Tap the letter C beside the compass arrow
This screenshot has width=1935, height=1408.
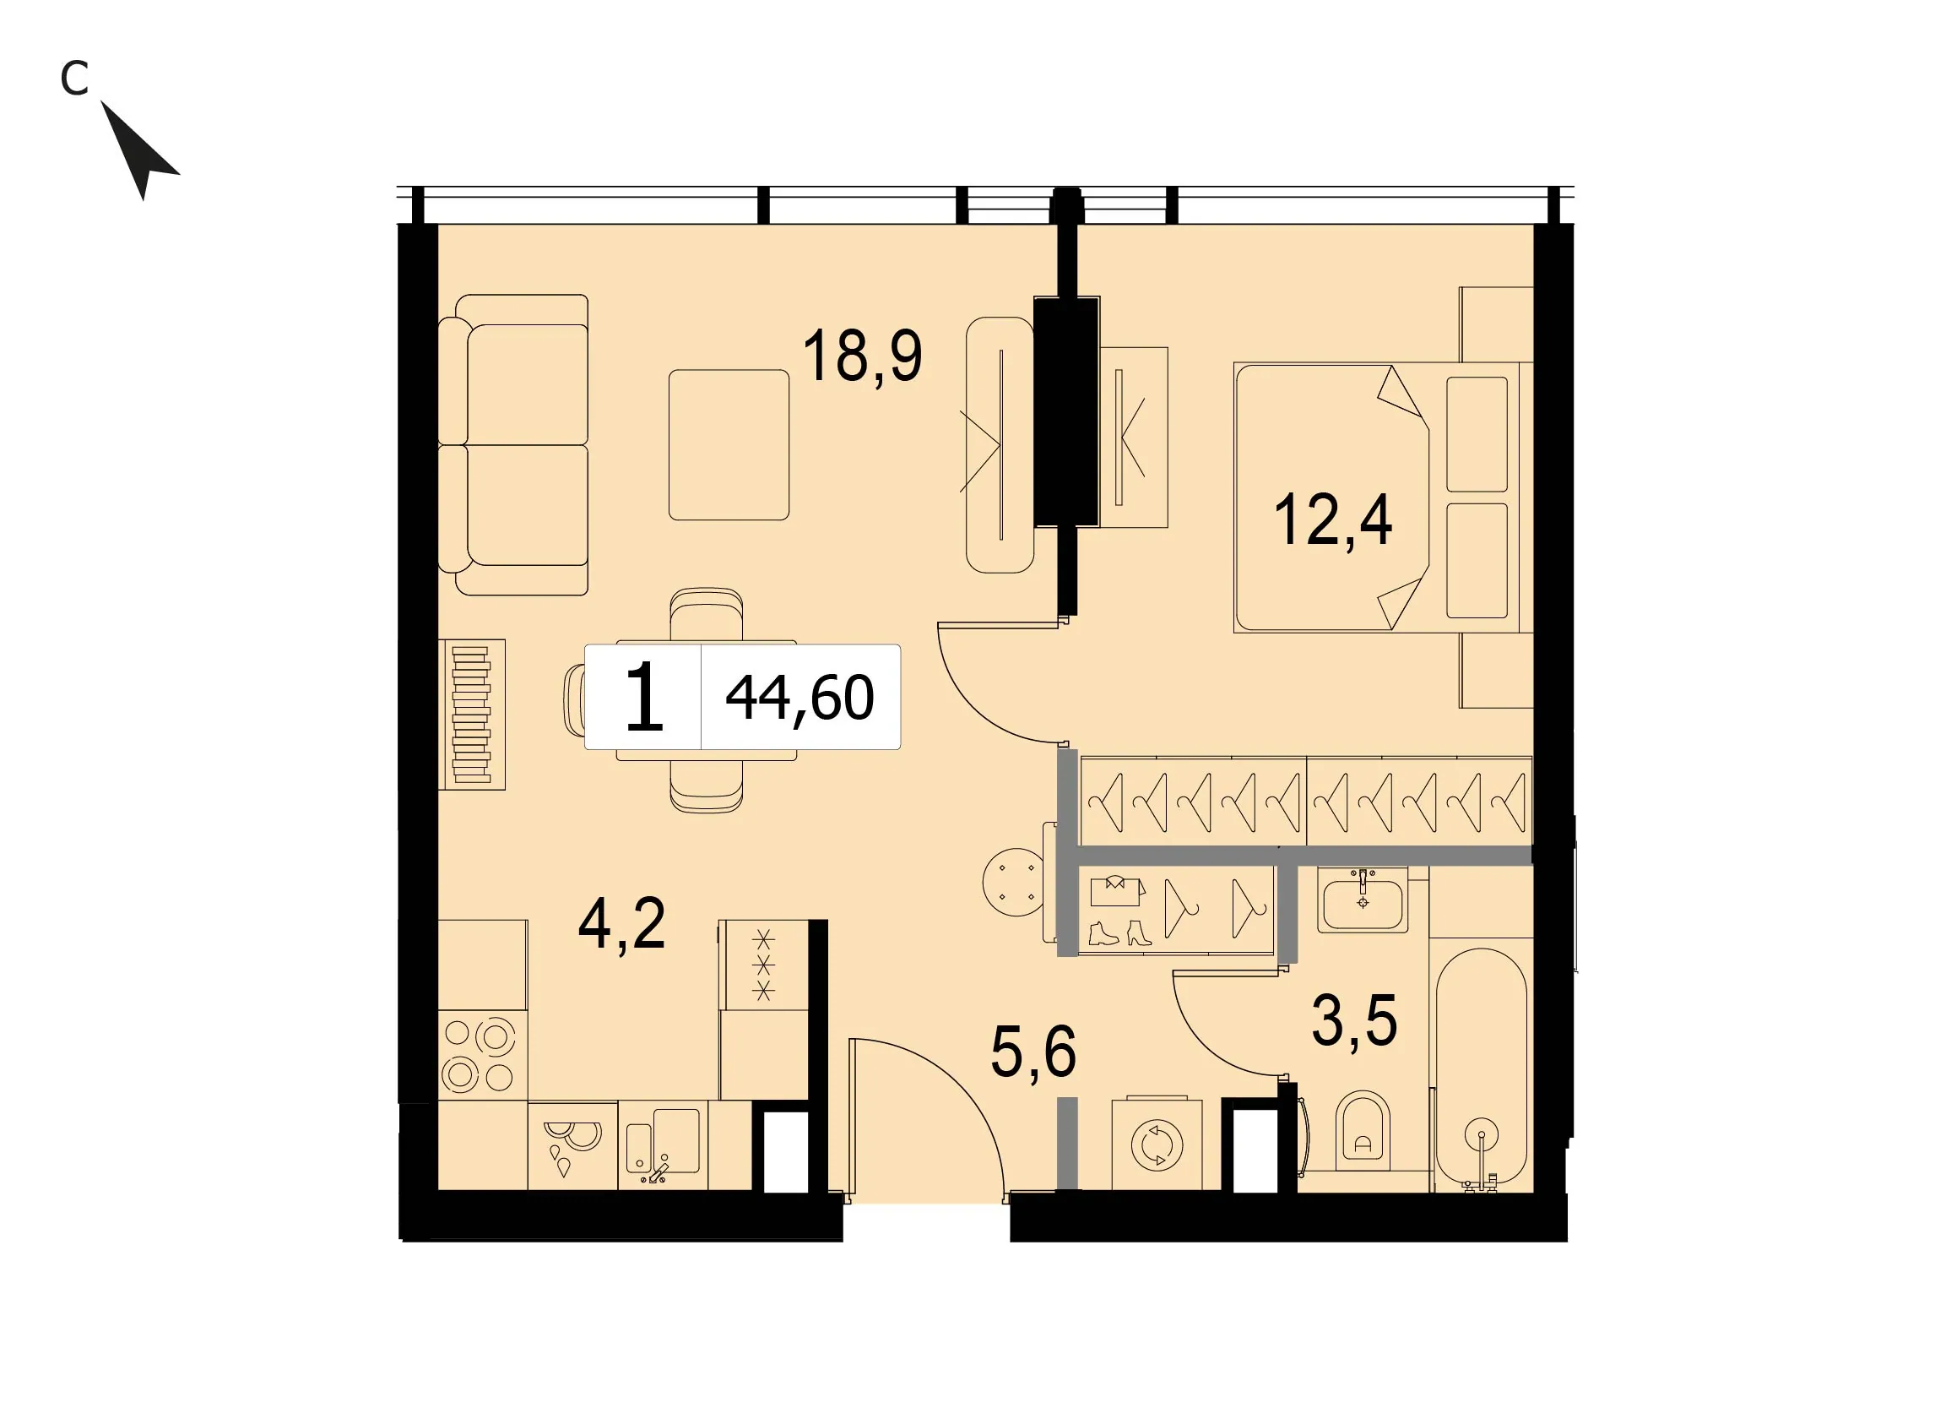(74, 79)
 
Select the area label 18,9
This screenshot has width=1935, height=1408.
(863, 356)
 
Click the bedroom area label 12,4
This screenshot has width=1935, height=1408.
(1333, 519)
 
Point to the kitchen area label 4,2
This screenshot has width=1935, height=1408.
(622, 924)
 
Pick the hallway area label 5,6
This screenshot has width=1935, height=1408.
(1033, 1052)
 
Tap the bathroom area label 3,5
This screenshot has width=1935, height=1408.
(1355, 1020)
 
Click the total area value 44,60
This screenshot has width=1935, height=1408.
(799, 698)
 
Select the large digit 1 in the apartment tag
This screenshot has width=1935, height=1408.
(644, 697)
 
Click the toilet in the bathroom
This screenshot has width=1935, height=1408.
(1363, 1131)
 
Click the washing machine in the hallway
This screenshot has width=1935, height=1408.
(1157, 1144)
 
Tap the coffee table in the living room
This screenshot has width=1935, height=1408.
(729, 444)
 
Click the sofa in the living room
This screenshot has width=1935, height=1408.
(513, 444)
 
